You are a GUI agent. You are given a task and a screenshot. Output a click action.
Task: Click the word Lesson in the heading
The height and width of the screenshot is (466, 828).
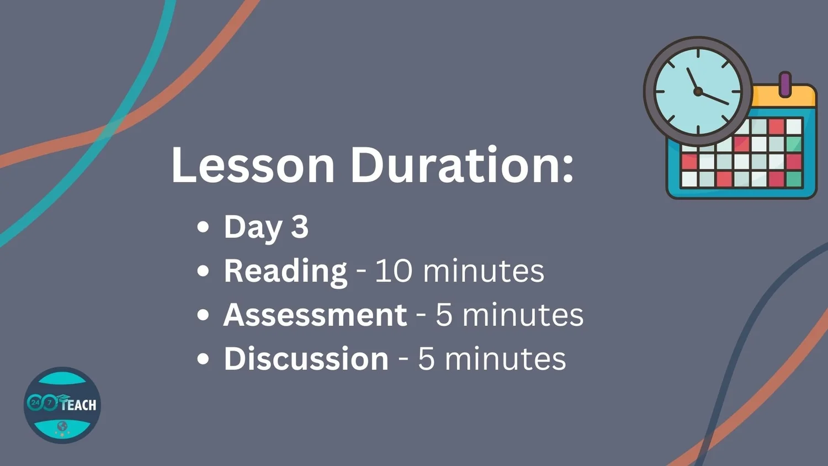[253, 165]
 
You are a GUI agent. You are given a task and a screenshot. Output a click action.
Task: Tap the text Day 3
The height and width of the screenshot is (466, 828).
[266, 227]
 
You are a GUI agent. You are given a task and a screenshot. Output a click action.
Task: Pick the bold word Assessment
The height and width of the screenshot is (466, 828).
[315, 315]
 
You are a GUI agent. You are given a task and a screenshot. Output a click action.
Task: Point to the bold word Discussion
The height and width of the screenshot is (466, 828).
[306, 358]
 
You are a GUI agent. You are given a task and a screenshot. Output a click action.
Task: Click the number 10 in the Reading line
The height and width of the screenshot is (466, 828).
[394, 271]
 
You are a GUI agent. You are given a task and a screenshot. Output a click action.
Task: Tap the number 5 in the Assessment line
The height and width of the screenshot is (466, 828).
[444, 315]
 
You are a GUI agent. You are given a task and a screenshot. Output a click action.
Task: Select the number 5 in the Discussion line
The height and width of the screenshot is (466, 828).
[426, 359]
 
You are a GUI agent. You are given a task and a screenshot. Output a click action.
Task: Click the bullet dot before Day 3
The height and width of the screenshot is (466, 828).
[203, 227]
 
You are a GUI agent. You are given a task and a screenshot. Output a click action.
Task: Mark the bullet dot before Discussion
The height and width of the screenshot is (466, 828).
[203, 358]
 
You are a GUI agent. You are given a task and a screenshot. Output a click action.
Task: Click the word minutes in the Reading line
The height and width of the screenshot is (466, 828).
[484, 271]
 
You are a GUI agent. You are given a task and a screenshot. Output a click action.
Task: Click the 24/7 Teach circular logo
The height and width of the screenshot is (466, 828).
[62, 405]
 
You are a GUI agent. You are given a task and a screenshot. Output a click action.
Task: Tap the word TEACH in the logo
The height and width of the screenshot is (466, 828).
[79, 405]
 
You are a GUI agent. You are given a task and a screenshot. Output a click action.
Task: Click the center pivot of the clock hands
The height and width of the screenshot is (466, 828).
[698, 91]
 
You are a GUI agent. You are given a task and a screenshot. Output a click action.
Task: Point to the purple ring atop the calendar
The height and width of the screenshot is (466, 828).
[785, 84]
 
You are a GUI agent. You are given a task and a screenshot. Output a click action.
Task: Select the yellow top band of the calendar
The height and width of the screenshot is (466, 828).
[784, 97]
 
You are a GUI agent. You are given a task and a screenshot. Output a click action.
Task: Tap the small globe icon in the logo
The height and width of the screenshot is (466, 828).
[62, 426]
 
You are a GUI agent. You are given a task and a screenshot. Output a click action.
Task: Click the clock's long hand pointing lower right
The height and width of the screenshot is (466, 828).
[713, 98]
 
